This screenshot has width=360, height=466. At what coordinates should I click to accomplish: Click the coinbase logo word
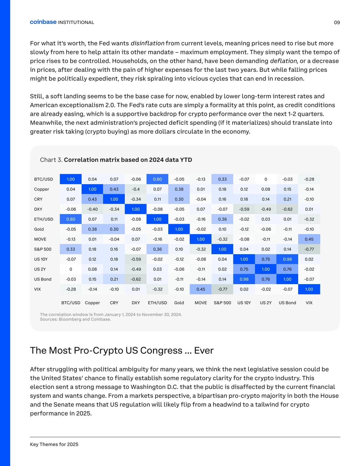43,22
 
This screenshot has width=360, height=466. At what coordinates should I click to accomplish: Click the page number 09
337,23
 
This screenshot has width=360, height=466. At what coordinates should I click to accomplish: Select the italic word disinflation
147,43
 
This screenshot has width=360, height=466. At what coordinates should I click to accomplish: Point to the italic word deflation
283,61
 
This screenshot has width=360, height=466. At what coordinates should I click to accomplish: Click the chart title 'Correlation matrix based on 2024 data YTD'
128,160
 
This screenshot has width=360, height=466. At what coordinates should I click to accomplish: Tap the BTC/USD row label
43,179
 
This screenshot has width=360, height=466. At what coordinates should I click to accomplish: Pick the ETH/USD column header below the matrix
157,303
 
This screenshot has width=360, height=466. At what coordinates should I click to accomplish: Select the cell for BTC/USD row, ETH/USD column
157,179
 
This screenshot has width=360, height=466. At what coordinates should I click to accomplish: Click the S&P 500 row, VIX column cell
309,249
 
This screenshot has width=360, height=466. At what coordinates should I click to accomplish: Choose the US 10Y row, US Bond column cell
287,259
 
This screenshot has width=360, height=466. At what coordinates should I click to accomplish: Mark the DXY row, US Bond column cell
287,209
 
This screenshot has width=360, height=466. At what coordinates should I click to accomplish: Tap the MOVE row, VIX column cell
309,239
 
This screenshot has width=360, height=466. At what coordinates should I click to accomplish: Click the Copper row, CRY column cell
114,189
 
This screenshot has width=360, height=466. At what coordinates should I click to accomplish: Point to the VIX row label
37,289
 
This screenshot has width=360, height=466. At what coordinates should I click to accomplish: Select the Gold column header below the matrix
179,303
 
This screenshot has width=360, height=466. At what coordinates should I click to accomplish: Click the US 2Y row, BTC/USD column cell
71,269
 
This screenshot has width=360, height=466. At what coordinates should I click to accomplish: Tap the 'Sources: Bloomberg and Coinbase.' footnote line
75,319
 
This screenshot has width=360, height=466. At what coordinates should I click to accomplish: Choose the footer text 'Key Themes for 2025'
54,444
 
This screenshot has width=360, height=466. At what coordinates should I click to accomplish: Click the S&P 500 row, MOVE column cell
201,249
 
